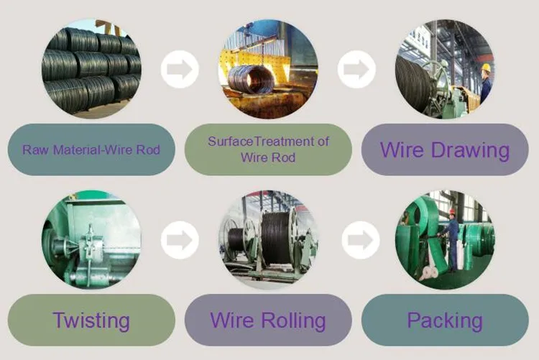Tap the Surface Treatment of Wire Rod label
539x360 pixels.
(x=268, y=149)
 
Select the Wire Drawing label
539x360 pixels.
(x=445, y=150)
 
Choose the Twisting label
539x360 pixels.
(x=91, y=320)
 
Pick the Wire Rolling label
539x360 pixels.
(x=268, y=320)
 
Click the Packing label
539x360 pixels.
(x=445, y=320)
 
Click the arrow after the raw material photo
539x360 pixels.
(x=180, y=70)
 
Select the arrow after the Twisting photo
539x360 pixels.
(x=180, y=240)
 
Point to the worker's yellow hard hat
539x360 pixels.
(x=487, y=68)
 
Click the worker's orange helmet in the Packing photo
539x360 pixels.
(x=452, y=211)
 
